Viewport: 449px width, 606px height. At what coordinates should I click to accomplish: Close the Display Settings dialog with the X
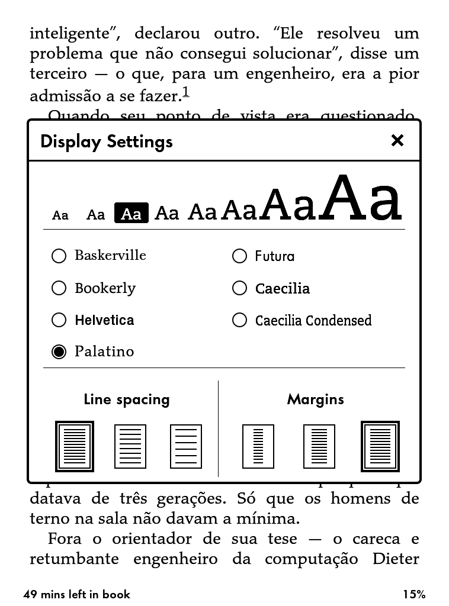click(397, 141)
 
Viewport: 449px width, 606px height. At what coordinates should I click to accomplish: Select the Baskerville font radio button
click(59, 256)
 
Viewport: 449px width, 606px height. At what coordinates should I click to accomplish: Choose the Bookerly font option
click(59, 288)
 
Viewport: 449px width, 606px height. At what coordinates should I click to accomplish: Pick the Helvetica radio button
click(59, 320)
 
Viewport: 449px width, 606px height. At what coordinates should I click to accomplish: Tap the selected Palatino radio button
click(59, 352)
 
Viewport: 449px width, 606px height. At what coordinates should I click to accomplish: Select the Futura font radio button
click(239, 256)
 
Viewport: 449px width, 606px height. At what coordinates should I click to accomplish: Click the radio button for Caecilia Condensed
click(239, 320)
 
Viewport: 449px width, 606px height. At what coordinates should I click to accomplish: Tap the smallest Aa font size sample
click(60, 215)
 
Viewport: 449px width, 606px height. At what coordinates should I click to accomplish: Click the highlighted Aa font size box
click(131, 214)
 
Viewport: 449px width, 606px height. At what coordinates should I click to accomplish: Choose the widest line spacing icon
click(186, 446)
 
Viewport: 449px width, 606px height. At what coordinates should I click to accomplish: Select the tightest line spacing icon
click(75, 446)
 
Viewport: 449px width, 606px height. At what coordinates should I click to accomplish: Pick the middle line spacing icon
click(130, 446)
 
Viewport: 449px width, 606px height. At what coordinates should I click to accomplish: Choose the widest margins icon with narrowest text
click(258, 446)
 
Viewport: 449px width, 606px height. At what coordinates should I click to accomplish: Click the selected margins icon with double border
click(380, 446)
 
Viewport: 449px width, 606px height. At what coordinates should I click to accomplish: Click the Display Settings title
click(107, 142)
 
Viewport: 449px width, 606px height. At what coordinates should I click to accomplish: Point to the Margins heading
click(315, 399)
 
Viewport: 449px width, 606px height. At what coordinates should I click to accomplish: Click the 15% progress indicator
click(415, 595)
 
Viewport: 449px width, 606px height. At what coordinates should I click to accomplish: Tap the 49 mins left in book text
click(76, 595)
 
